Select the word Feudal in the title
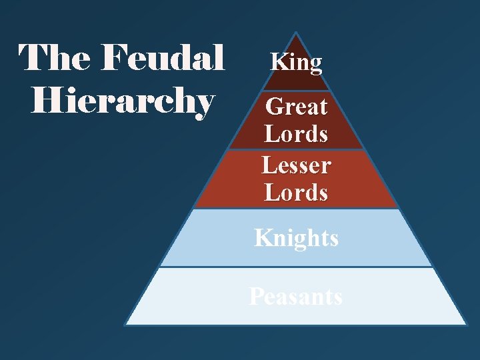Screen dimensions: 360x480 (x=164, y=58)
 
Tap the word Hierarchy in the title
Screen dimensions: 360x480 (x=123, y=102)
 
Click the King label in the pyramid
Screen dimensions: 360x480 (x=296, y=63)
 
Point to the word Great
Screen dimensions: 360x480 (x=296, y=107)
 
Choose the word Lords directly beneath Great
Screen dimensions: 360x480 (x=296, y=134)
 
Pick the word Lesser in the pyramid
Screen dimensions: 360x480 (x=296, y=164)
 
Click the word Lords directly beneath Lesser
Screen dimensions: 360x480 (x=296, y=193)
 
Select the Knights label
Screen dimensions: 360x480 (x=296, y=238)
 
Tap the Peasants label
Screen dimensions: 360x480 (x=296, y=296)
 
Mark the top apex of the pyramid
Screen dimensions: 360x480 (x=295, y=33)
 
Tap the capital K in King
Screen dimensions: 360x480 (x=276, y=63)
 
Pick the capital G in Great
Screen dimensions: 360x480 (x=273, y=107)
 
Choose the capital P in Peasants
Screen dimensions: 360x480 (x=256, y=296)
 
